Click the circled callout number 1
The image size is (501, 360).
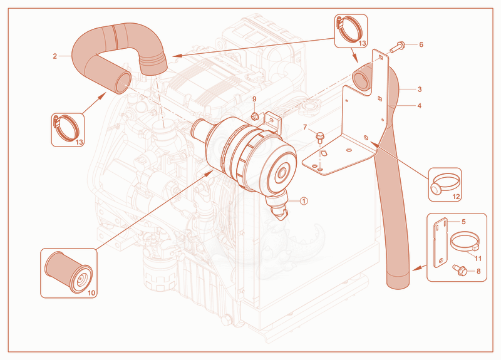point(304,201)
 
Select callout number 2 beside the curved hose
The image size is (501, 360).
point(55,56)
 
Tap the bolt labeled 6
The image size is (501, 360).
point(397,48)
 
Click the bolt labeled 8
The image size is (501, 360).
point(460,270)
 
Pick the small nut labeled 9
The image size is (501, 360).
point(255,116)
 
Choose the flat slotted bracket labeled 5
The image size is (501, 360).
point(441,242)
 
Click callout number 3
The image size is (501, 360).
point(420,90)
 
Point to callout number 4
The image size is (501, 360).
point(420,106)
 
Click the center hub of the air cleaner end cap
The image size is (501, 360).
point(281,173)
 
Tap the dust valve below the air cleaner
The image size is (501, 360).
point(278,206)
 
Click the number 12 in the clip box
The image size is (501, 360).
point(456,197)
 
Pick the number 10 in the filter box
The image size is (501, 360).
point(91,293)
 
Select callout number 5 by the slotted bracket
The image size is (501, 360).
point(463,222)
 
